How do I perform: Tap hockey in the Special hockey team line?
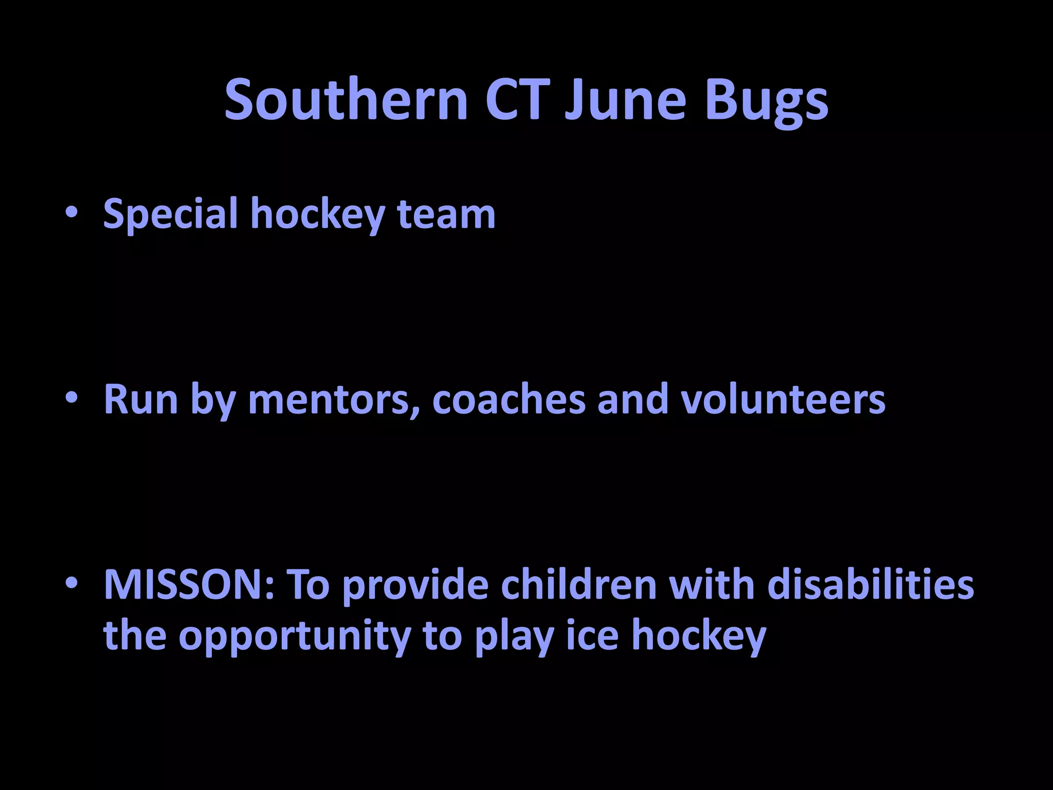(x=318, y=214)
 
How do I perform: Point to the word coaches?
(x=509, y=400)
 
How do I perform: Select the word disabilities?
(x=870, y=585)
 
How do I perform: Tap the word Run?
(x=140, y=400)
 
